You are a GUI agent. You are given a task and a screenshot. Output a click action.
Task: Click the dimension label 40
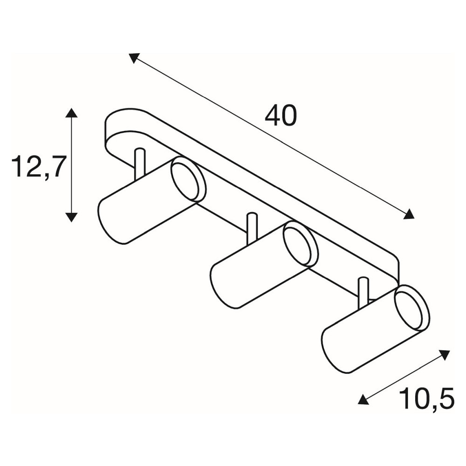[x=281, y=116]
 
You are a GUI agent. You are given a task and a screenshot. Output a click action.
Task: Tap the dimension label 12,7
[x=38, y=167]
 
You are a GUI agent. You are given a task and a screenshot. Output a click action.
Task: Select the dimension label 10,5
[x=427, y=398]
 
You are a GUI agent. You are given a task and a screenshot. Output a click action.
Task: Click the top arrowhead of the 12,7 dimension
[x=71, y=113]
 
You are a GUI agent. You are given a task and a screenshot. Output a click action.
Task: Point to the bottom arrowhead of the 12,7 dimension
[x=71, y=217]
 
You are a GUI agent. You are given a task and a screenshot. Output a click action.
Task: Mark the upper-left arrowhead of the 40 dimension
[x=134, y=58]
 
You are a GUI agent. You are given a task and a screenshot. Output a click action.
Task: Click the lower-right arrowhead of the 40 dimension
[x=409, y=214]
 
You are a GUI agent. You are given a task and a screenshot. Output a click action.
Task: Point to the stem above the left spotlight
[x=140, y=164]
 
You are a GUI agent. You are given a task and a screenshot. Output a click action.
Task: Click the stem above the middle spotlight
[x=252, y=228]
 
